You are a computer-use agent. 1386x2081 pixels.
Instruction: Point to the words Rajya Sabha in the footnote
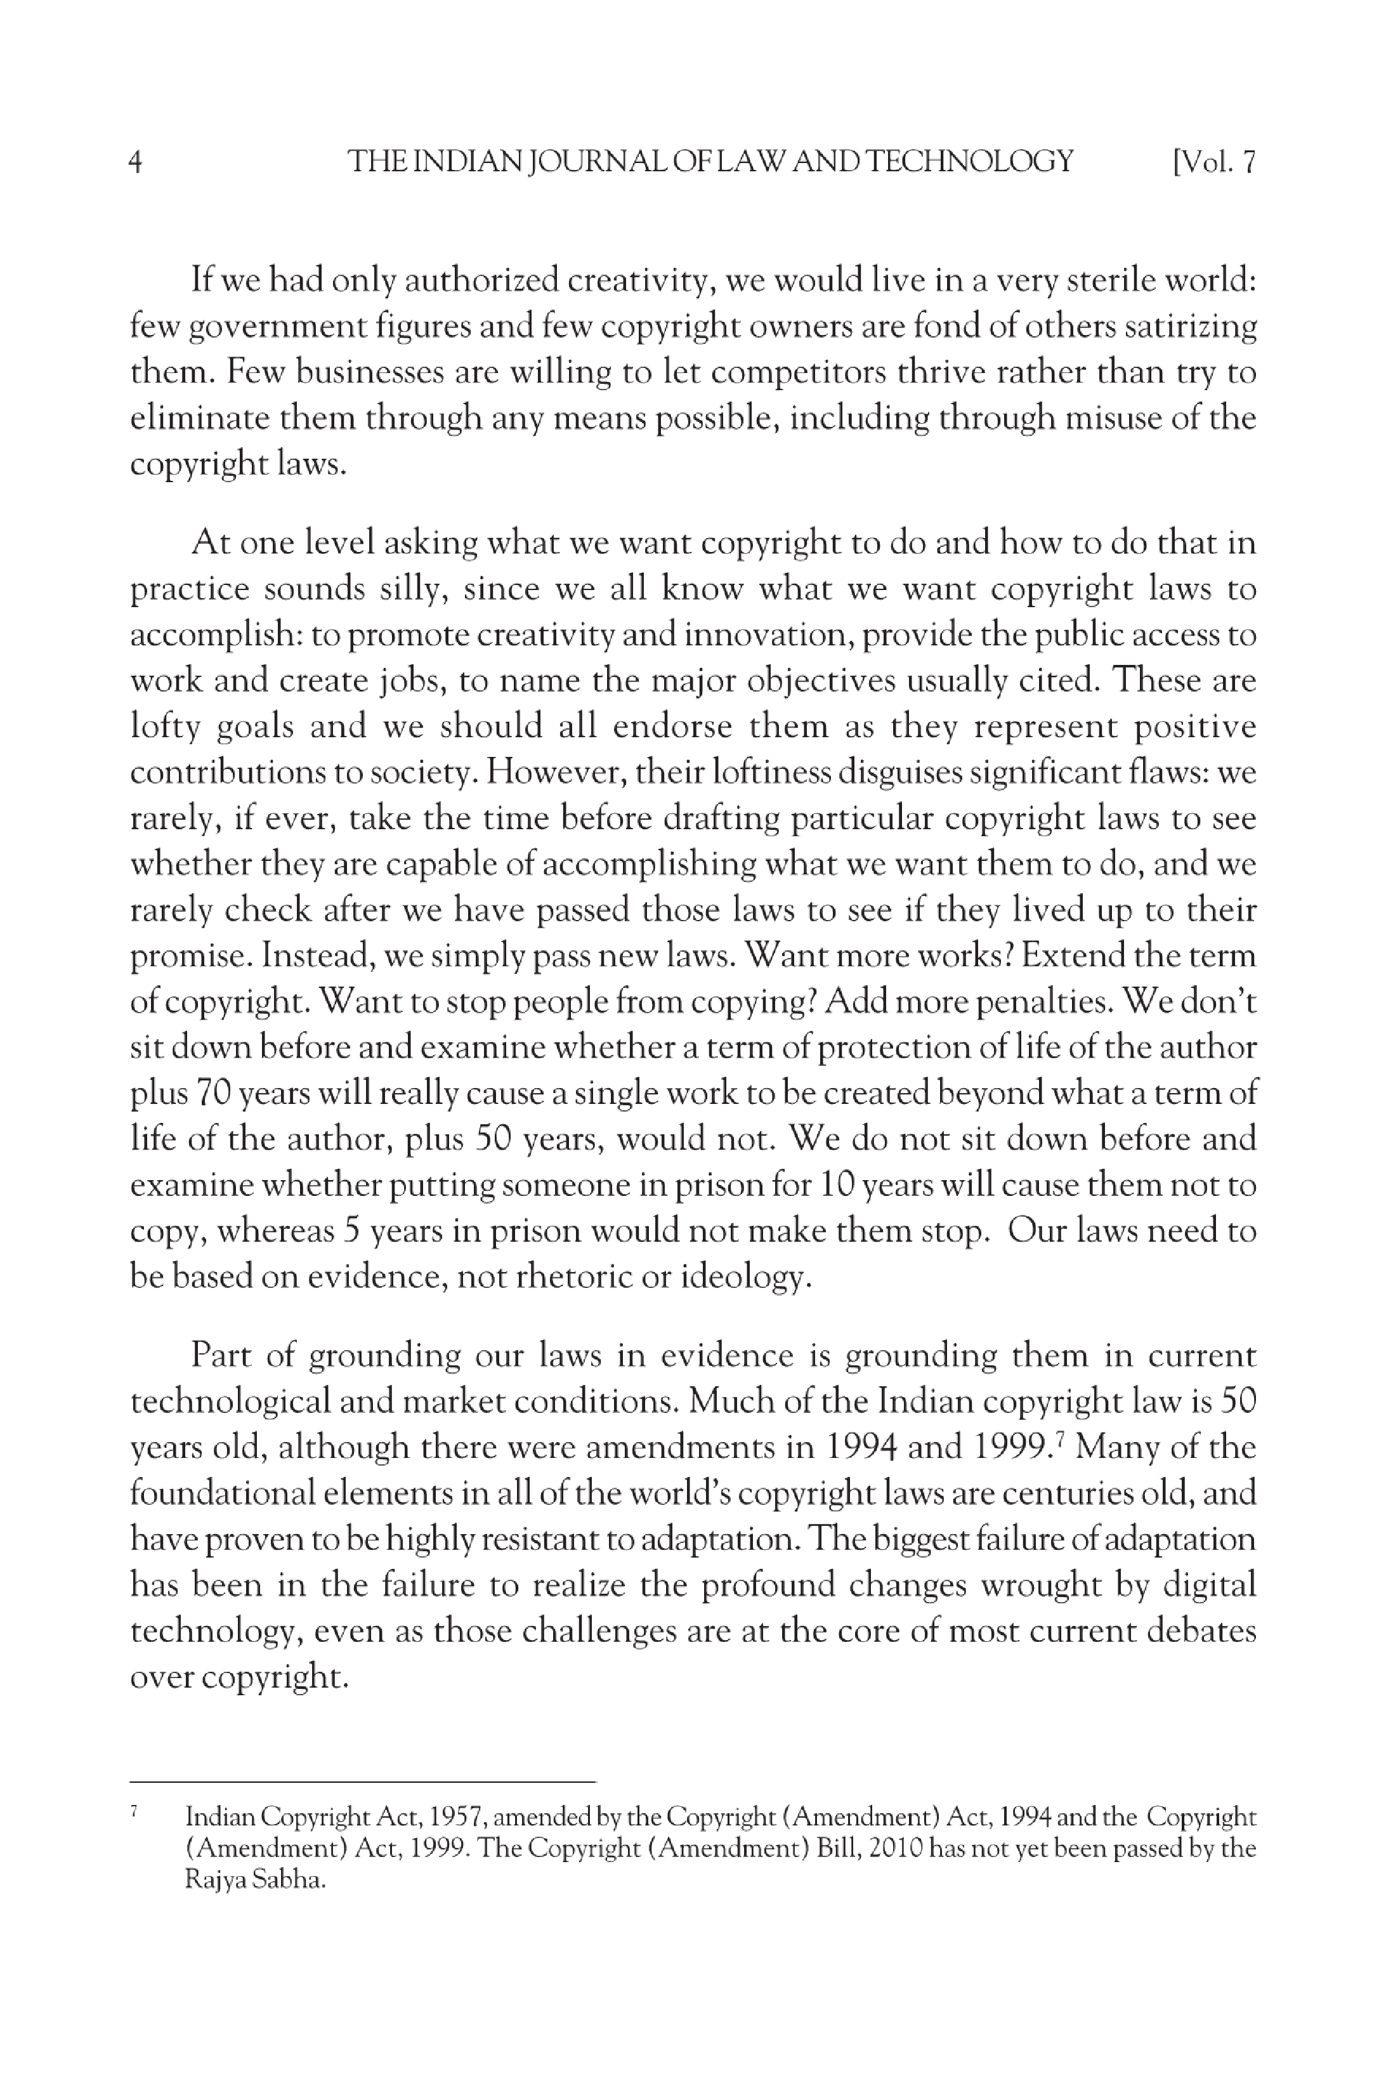[x=254, y=1879]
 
